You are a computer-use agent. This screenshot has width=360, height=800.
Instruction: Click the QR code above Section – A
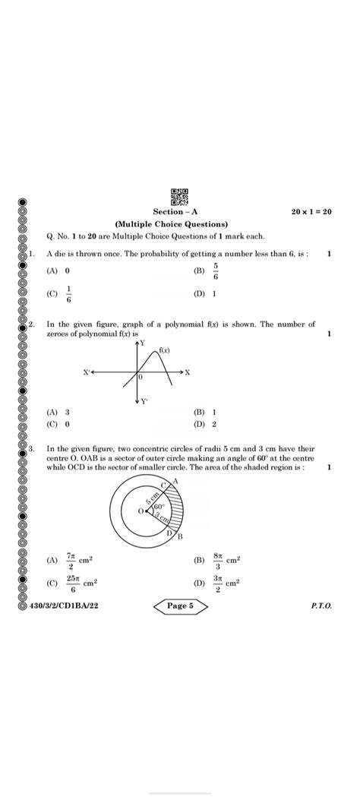(x=179, y=198)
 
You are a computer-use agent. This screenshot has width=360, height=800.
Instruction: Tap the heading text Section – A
(x=175, y=212)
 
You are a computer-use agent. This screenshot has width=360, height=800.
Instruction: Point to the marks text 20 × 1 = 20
(x=311, y=212)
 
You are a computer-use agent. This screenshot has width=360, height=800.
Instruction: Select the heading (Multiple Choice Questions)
(x=171, y=225)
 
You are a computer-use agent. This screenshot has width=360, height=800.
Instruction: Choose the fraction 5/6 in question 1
(x=215, y=270)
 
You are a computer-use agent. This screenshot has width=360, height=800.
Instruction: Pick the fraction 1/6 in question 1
(x=70, y=293)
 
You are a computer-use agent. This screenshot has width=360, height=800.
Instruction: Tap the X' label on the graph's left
(x=87, y=373)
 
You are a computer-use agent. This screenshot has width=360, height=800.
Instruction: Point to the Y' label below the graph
(x=144, y=401)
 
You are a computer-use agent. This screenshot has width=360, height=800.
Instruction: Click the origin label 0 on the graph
(x=141, y=377)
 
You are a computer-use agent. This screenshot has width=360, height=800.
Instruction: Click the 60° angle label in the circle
(x=159, y=506)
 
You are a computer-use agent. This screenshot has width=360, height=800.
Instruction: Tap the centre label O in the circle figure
(x=141, y=511)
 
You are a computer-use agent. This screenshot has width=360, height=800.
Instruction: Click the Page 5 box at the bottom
(x=180, y=606)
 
